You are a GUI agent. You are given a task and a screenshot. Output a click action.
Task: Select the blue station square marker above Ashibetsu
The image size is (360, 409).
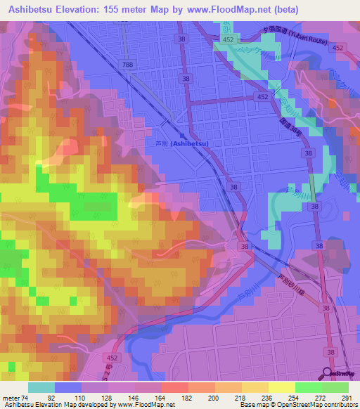pos(182,135)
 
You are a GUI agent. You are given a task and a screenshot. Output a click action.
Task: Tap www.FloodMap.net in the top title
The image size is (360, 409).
pos(221,10)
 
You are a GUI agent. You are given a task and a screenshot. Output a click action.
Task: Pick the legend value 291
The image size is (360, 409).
pos(345,397)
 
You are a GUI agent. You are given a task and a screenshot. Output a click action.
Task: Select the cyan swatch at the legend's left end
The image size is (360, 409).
pos(41,387)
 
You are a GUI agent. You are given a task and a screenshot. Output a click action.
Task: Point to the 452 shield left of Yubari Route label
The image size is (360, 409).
pos(228,41)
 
